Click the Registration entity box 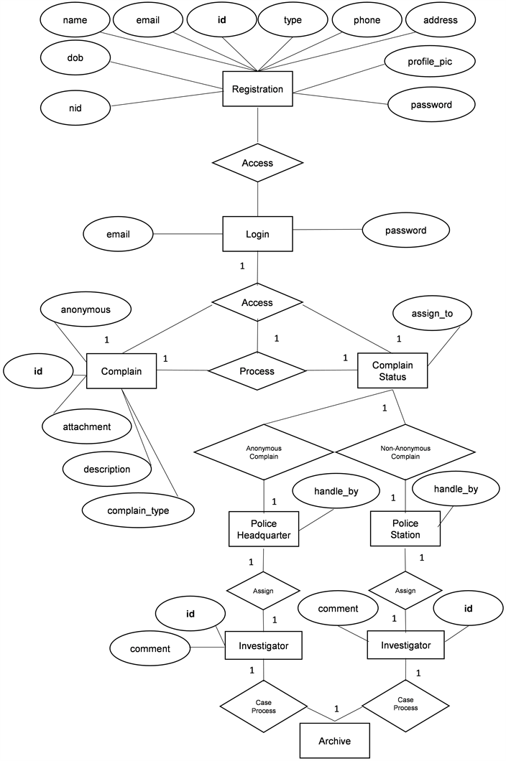(x=257, y=90)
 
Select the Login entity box (x=257, y=234)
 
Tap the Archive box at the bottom (x=336, y=740)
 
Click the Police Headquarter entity (x=263, y=528)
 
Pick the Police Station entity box (x=405, y=528)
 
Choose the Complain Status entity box (x=392, y=370)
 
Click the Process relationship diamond (x=257, y=371)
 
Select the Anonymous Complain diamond (x=264, y=452)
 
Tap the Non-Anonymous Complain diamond (x=405, y=452)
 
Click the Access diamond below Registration (x=257, y=163)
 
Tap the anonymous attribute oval (x=85, y=309)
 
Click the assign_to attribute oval (x=431, y=313)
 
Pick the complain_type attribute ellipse (x=139, y=510)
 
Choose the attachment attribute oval (x=86, y=426)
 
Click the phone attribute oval (x=367, y=20)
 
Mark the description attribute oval (x=107, y=470)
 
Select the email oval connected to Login (x=119, y=233)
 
